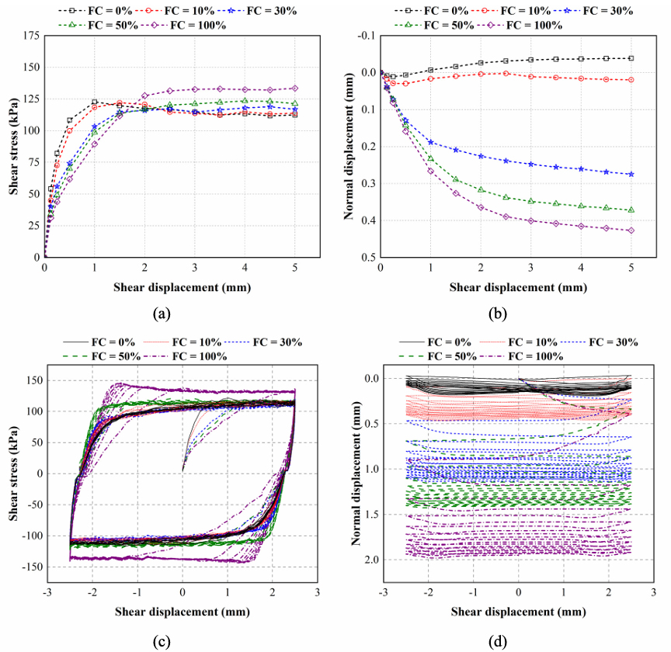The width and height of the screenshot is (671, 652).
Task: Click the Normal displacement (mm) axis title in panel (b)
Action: pyautogui.click(x=348, y=146)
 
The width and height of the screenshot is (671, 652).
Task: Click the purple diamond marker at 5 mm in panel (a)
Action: pyautogui.click(x=294, y=88)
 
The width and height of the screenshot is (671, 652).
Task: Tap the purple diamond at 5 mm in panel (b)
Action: pyautogui.click(x=631, y=231)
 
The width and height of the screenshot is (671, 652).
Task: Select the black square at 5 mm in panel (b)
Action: pyautogui.click(x=631, y=58)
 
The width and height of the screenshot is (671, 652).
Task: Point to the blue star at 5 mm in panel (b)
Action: pyautogui.click(x=631, y=175)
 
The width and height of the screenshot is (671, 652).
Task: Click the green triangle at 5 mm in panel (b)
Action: pyautogui.click(x=631, y=210)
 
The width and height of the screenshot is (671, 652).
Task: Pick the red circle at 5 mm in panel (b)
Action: pyautogui.click(x=631, y=80)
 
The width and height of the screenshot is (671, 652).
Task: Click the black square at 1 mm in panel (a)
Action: pyautogui.click(x=95, y=102)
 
